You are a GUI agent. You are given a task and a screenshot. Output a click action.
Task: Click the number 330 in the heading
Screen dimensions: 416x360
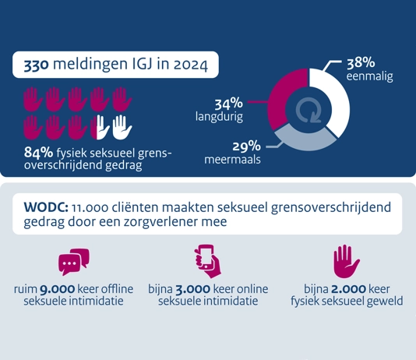(x=37, y=65)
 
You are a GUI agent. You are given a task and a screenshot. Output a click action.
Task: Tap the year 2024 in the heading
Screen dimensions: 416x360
(x=191, y=65)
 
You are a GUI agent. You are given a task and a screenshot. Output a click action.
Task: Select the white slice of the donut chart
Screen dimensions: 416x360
(x=334, y=98)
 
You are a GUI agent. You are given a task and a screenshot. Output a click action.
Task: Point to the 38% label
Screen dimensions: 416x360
(x=361, y=62)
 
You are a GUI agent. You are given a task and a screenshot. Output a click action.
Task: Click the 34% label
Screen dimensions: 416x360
(x=228, y=104)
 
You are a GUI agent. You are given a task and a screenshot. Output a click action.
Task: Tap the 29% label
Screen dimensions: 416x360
(x=246, y=146)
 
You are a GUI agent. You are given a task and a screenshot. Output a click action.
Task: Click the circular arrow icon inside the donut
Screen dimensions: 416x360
(x=308, y=111)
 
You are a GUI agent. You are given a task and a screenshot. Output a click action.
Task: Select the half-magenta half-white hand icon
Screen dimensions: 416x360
(x=100, y=127)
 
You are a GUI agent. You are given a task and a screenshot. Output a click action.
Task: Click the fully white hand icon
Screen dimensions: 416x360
(x=122, y=127)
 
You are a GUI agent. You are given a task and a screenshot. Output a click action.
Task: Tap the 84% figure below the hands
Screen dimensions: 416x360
(x=38, y=153)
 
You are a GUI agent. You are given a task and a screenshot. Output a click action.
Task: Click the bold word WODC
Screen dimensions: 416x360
(x=46, y=207)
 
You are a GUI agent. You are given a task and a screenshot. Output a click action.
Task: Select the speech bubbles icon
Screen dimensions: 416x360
(x=74, y=262)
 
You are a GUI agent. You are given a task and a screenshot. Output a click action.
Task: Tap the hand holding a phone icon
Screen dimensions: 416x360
(x=208, y=261)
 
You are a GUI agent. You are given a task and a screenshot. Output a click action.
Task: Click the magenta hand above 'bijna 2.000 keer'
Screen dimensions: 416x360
(x=347, y=261)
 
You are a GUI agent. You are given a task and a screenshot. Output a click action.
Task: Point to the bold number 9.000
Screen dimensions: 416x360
(x=57, y=289)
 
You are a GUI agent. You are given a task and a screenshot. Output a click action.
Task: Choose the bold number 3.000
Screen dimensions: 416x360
(x=193, y=289)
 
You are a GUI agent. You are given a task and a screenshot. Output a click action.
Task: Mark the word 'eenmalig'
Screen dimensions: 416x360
(x=369, y=76)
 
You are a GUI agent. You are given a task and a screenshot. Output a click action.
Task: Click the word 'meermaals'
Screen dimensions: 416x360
(x=232, y=160)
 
